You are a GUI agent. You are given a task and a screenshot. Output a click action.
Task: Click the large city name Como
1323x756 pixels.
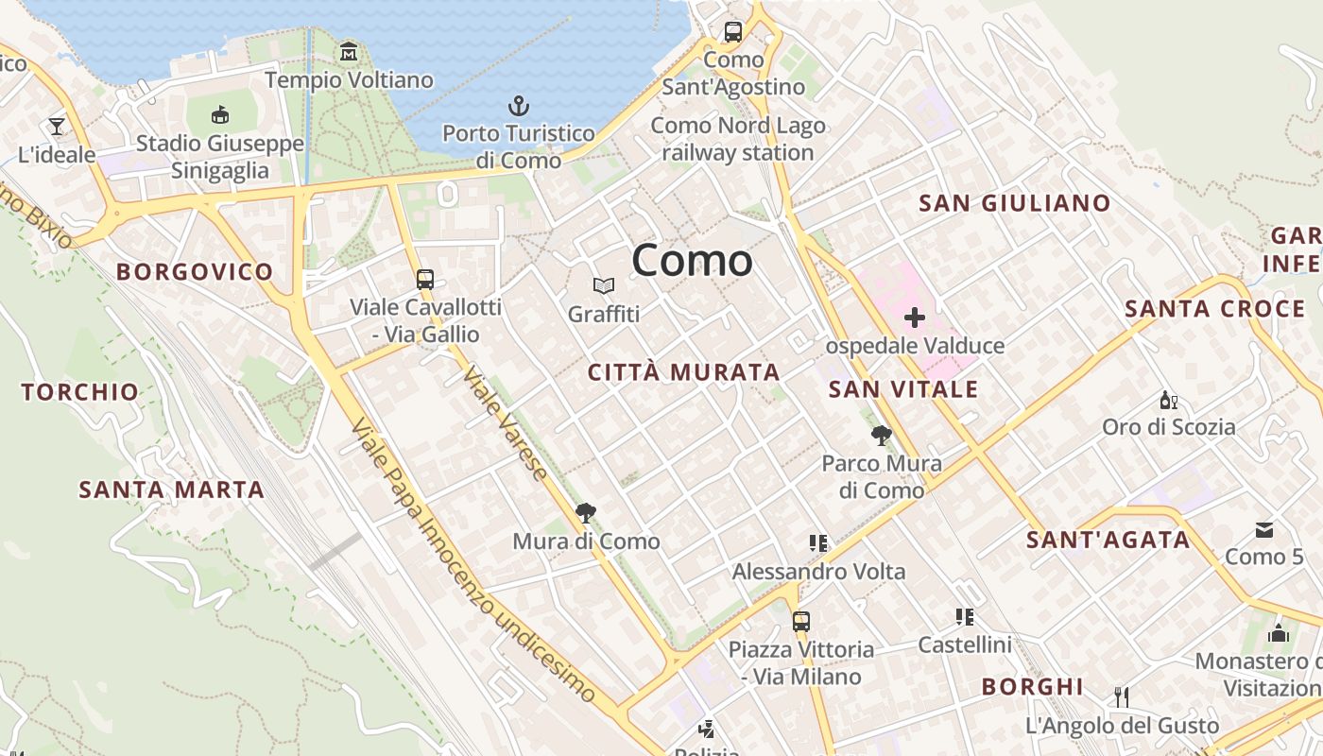click(x=692, y=260)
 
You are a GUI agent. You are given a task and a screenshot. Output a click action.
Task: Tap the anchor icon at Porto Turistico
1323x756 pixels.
click(x=519, y=105)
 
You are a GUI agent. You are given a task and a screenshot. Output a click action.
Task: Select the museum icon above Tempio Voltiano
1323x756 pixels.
click(x=349, y=51)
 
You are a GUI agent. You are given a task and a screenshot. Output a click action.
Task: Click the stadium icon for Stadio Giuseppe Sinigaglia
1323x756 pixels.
click(x=220, y=114)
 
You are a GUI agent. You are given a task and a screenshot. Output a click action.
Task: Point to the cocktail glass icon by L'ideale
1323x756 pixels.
click(x=57, y=126)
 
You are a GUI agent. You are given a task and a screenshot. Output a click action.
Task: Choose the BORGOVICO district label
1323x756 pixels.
click(x=195, y=272)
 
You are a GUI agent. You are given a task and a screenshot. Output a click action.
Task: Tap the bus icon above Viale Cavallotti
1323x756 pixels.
click(x=425, y=279)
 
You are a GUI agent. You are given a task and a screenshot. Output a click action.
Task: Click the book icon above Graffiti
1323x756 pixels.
click(x=604, y=285)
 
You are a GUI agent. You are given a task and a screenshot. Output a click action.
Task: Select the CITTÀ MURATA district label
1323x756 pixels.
click(x=683, y=372)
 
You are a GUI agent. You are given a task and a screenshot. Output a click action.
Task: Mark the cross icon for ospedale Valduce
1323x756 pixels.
click(x=914, y=318)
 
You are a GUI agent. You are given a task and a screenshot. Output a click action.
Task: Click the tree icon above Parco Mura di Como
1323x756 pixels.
click(x=882, y=435)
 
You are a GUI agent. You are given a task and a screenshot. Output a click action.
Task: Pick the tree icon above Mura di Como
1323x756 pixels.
click(x=586, y=513)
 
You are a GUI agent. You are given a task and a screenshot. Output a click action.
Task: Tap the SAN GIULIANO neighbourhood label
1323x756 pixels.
click(x=1014, y=203)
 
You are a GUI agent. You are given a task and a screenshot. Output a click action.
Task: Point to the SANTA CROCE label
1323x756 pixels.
click(x=1214, y=309)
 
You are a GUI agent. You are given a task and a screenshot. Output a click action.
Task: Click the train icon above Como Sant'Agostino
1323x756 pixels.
click(x=733, y=31)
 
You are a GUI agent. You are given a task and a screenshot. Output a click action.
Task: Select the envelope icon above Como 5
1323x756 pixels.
click(x=1264, y=529)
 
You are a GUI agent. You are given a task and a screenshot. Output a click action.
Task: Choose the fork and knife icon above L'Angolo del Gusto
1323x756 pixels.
click(x=1122, y=697)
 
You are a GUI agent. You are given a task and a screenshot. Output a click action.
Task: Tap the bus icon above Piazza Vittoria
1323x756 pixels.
click(x=801, y=621)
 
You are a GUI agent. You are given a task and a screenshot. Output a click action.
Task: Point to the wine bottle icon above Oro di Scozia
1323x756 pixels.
click(x=1168, y=400)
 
